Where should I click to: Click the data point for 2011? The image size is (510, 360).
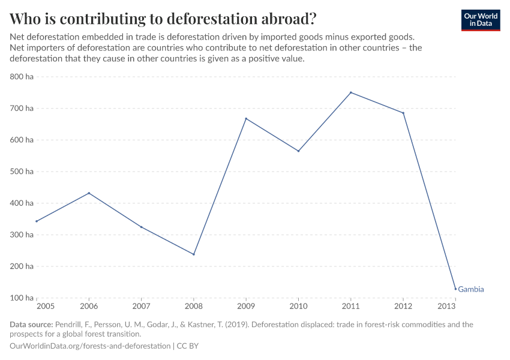coord(351,92)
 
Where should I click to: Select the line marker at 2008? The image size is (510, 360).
coord(194,254)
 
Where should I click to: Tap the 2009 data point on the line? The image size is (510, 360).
coord(246,118)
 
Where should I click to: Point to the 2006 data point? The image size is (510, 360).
coord(89,193)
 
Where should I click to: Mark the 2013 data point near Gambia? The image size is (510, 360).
coord(455,289)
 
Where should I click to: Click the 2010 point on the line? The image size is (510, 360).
coord(298,151)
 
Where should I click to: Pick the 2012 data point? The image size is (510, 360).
coord(403,113)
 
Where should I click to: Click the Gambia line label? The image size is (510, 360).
coord(471,289)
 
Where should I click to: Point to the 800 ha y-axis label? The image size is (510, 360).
coord(22,77)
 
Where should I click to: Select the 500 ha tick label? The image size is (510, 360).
coord(22,172)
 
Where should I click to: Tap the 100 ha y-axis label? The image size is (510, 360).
coord(22,298)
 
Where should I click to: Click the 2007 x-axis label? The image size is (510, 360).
coord(141,307)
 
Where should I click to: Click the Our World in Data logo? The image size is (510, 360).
coord(480,20)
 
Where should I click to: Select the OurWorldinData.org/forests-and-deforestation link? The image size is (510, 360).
coord(90,346)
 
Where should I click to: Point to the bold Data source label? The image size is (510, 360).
coord(31,325)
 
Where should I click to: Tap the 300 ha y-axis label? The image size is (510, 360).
coord(22,235)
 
